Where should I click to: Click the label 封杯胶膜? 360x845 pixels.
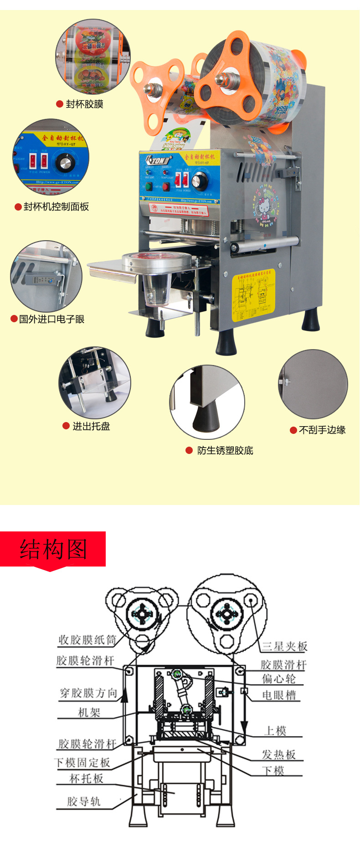84,104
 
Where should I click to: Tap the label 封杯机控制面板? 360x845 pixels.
56,207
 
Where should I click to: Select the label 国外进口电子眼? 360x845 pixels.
51,319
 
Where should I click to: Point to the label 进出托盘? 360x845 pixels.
91,426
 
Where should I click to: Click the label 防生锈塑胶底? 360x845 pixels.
225,450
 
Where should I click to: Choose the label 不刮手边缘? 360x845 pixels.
322,430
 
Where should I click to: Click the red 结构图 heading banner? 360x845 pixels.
53,549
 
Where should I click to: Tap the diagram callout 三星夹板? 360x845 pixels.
285,646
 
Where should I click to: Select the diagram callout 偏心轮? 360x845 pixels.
279,679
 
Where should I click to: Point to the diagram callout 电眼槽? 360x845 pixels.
279,695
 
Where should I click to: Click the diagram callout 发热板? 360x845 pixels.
279,755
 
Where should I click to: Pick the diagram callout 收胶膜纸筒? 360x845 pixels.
87,640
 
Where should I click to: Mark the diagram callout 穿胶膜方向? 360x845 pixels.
89,693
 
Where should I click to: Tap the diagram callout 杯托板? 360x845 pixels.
87,778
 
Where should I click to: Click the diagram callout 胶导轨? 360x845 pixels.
84,802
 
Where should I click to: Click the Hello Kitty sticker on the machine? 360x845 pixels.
265,207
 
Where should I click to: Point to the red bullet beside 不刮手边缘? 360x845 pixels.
293,430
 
